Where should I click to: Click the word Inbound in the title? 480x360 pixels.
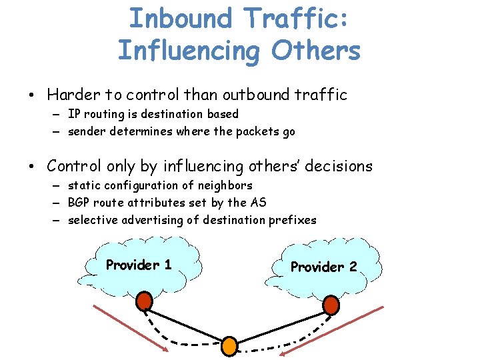click(179, 19)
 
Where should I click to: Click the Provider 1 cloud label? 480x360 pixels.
click(139, 265)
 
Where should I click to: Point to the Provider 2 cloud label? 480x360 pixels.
click(323, 267)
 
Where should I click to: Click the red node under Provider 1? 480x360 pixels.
click(144, 302)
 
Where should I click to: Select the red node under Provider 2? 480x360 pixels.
click(331, 305)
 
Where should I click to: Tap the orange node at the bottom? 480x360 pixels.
click(229, 346)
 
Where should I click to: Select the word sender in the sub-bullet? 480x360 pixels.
click(87, 131)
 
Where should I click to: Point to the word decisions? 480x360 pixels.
click(336, 166)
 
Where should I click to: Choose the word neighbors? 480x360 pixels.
click(225, 185)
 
